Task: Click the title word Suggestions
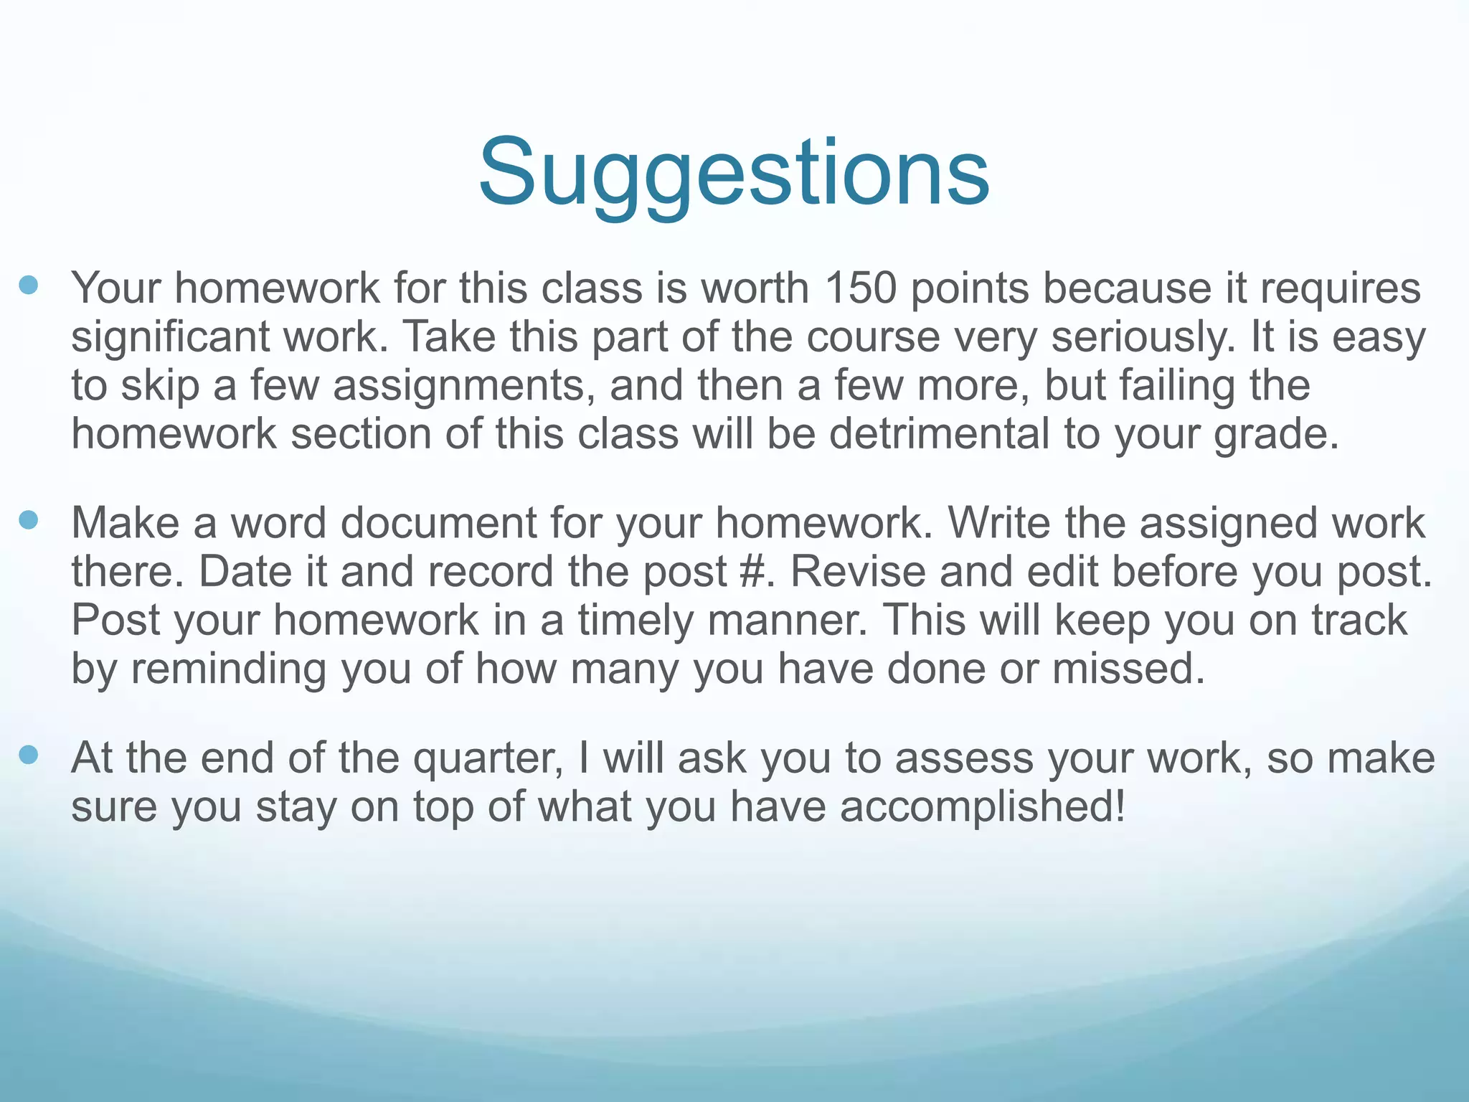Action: click(734, 174)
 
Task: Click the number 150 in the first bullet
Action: click(860, 288)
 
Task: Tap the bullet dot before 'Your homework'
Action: click(29, 286)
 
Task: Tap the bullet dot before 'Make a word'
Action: click(29, 520)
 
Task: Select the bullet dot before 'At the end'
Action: click(29, 755)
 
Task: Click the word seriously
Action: click(1143, 337)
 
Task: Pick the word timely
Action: click(635, 621)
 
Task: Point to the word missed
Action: click(1128, 669)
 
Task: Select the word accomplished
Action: click(982, 807)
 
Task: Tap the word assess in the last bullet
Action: click(964, 759)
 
